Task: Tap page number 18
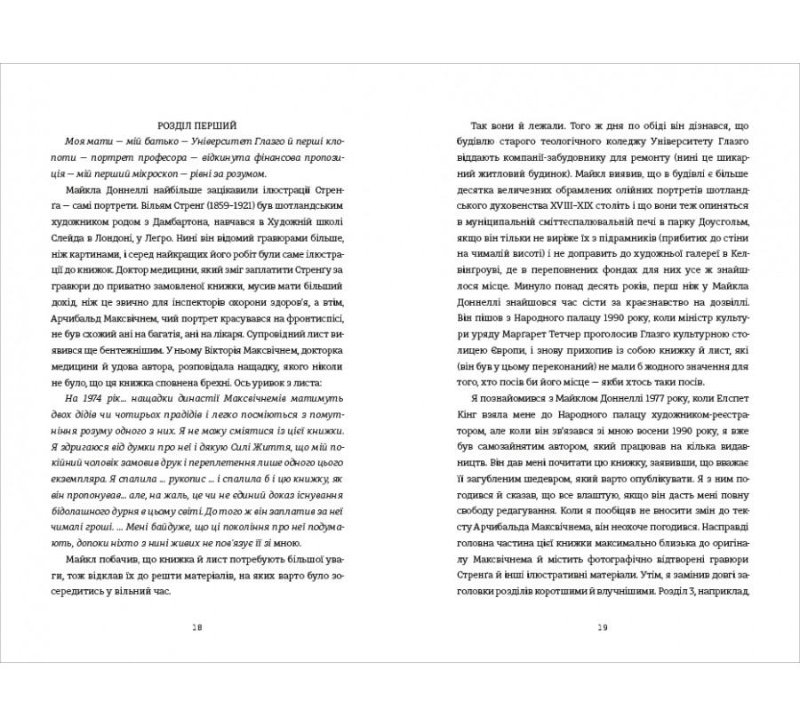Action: [197, 628]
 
